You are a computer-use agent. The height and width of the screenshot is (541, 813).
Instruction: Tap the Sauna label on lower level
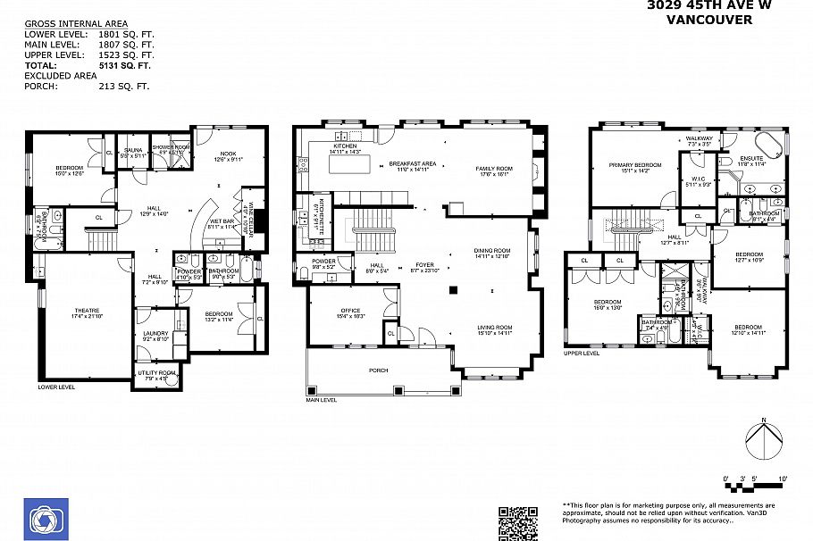tap(134, 152)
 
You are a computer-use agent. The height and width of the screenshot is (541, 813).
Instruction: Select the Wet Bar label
tap(221, 224)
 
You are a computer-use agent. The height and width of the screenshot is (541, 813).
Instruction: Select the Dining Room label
tap(492, 253)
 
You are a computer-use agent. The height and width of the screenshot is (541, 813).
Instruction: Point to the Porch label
tap(379, 369)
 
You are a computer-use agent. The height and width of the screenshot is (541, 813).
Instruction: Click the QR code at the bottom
tap(517, 523)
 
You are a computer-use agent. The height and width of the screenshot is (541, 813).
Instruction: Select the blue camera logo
tap(42, 517)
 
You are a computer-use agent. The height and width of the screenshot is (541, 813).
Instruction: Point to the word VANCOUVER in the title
tap(710, 19)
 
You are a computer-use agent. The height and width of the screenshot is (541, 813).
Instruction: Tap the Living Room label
tap(493, 330)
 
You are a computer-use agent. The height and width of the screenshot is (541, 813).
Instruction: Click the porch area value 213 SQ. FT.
tap(124, 87)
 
